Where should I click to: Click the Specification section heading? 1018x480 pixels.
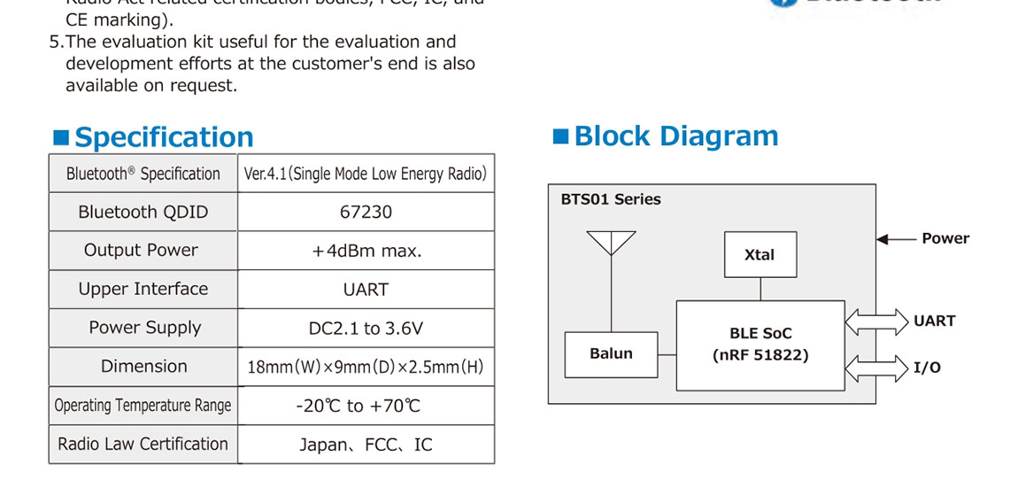click(164, 137)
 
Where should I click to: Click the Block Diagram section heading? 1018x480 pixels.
click(676, 136)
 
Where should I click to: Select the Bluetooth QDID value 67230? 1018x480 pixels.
click(366, 212)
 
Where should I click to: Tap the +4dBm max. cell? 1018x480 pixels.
click(366, 251)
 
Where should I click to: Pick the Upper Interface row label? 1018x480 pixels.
click(143, 290)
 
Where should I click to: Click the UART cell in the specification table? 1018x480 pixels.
click(366, 290)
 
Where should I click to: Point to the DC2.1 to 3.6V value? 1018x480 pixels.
click(366, 329)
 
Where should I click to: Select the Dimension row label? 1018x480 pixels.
click(143, 367)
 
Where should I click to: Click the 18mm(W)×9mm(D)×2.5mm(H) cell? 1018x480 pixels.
click(366, 367)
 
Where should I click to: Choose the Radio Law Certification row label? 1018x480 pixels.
click(143, 444)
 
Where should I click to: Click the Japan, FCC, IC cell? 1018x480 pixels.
click(366, 445)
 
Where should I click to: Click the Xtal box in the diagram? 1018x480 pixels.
click(760, 255)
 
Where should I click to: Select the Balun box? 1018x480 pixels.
click(611, 354)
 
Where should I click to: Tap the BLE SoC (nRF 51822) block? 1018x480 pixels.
click(760, 345)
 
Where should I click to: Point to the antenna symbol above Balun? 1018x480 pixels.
click(611, 244)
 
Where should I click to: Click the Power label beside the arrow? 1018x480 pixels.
click(945, 238)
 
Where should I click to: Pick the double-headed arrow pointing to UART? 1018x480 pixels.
click(876, 321)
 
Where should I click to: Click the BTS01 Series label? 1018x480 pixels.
click(611, 199)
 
